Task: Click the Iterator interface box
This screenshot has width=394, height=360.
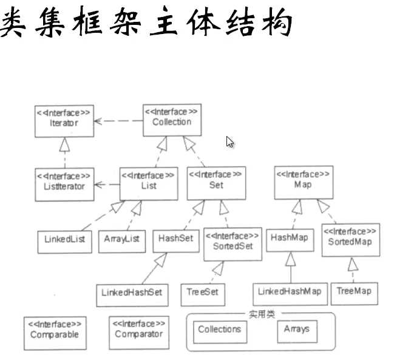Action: click(64, 121)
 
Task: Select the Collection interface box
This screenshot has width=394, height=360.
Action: click(172, 120)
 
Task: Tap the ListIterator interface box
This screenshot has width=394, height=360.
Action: click(64, 185)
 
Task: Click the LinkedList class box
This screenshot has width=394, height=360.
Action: click(64, 242)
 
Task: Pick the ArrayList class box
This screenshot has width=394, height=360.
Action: click(122, 242)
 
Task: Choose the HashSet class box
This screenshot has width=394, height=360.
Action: click(176, 241)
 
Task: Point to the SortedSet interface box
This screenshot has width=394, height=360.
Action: click(233, 244)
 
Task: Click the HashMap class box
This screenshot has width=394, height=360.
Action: click(290, 240)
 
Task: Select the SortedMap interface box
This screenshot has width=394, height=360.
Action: click(351, 240)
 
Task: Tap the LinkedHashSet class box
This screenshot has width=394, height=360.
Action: click(132, 295)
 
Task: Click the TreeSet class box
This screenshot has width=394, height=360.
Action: click(203, 294)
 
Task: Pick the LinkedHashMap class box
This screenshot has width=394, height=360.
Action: click(290, 294)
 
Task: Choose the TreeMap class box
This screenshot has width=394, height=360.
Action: click(355, 294)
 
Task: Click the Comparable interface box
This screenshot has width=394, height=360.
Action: click(55, 333)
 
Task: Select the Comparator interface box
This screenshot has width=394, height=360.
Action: click(139, 333)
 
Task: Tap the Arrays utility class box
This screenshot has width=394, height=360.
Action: click(297, 331)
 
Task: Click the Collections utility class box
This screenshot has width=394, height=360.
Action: click(220, 332)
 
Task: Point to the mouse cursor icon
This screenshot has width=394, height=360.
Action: click(229, 142)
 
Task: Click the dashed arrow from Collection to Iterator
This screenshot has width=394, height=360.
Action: click(118, 121)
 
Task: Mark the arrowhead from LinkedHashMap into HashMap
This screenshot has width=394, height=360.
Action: click(290, 259)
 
